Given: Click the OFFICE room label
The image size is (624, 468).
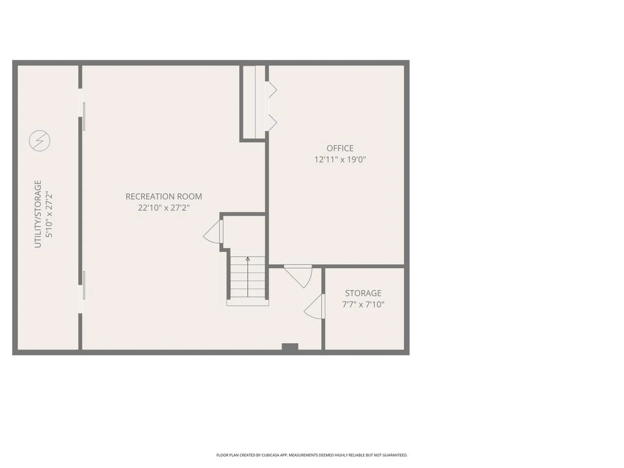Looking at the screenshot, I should coord(340,148).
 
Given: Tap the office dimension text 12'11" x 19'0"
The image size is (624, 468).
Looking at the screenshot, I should coord(340,160).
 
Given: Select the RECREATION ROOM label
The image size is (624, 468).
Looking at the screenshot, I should coord(164,196).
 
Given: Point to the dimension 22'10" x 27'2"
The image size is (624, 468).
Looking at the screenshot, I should coord(164,208).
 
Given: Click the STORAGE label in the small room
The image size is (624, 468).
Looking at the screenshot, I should coord(363,293).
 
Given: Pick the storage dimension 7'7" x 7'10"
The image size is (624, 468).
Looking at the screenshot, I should coord(363,305).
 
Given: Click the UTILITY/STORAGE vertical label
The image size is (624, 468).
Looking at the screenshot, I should coord(38,214).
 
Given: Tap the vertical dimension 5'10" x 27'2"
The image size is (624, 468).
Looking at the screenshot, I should coord(49,214).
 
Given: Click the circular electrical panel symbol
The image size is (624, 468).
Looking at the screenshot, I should coord(40,141).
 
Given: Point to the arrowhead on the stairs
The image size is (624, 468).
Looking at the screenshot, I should coord(248,259).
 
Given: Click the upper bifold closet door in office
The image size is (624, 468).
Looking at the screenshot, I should coord(271,89).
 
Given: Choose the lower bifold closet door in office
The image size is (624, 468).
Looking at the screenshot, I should coord(271,123).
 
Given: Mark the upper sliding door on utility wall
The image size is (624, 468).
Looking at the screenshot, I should coord(84,116).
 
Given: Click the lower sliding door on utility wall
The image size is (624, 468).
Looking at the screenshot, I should coord(84,285).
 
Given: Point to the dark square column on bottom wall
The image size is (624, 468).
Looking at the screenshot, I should coord(290,347).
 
